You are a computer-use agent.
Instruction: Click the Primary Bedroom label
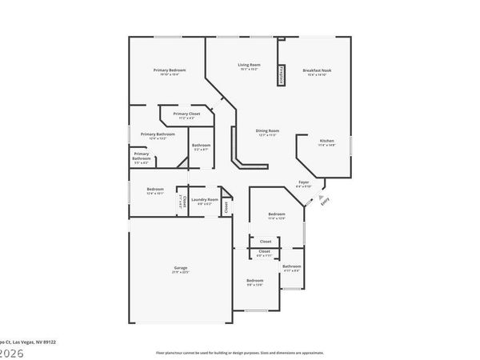[x=170, y=70]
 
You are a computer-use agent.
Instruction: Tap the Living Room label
[x=249, y=65]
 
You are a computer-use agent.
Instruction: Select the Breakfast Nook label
[x=317, y=70]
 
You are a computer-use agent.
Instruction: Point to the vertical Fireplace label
[x=282, y=76]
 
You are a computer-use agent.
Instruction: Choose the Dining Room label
[x=267, y=130]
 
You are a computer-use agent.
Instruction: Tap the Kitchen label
[x=327, y=141]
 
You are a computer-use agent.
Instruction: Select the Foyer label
[x=304, y=182]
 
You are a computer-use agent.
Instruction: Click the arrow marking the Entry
[x=321, y=195]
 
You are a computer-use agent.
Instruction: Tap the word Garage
[x=181, y=267]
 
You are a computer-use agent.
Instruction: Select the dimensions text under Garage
[x=181, y=272]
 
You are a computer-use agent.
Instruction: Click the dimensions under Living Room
[x=249, y=70]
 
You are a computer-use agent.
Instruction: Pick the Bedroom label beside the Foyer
[x=276, y=214]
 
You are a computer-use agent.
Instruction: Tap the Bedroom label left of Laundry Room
[x=154, y=189]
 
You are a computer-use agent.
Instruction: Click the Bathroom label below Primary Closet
[x=201, y=145]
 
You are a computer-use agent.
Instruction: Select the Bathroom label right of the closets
[x=292, y=266]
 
